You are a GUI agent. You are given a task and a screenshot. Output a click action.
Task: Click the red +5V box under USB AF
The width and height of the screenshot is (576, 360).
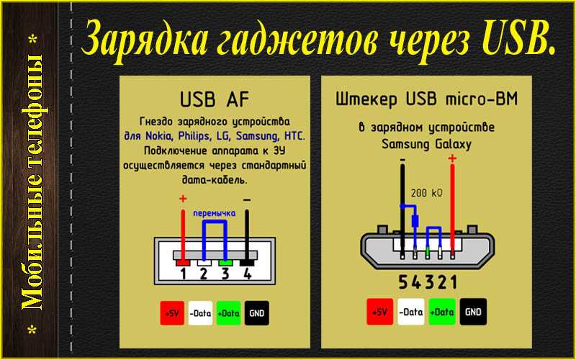coord(172,313)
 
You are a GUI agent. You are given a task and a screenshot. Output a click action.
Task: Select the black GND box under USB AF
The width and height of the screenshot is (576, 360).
coord(257,313)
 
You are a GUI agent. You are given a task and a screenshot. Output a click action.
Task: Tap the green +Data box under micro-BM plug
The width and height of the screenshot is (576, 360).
coord(442,312)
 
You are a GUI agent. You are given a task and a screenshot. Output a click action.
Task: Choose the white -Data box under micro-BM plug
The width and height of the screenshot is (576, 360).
coord(410,312)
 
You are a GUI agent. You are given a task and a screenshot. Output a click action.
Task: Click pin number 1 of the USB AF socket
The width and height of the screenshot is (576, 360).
coord(183,274)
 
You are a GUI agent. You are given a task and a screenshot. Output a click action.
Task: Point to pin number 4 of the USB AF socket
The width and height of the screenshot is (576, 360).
coord(248,274)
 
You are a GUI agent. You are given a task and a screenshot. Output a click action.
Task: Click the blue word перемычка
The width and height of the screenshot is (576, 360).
coord(214,213)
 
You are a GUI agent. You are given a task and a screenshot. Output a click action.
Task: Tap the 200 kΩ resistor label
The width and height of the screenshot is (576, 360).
coord(426,193)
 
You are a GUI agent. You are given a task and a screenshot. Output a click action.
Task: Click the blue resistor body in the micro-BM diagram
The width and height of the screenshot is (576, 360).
coord(415,220)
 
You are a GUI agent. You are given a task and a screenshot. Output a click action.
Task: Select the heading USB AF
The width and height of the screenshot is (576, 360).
coord(215,99)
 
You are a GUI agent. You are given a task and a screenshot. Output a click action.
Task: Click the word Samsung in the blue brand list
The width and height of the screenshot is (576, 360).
coord(256,136)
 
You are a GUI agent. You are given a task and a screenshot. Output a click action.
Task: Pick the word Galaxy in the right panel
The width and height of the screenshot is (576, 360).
coord(453,144)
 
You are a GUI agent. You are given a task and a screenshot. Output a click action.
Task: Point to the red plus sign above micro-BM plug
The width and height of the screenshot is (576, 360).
coord(452,158)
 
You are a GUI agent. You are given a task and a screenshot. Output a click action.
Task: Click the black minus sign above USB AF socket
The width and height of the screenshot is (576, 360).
coord(247,200)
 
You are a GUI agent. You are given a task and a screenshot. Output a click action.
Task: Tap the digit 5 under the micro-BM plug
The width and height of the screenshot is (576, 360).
coord(403,282)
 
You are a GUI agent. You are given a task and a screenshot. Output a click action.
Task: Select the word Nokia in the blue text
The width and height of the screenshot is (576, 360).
coord(158,136)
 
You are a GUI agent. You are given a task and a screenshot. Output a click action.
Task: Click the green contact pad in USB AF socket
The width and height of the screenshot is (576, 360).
coord(225,263)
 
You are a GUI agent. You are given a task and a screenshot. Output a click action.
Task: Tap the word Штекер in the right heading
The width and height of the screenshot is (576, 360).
coord(366,99)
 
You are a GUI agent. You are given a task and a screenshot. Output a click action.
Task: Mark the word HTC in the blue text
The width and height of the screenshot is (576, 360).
coord(294,136)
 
